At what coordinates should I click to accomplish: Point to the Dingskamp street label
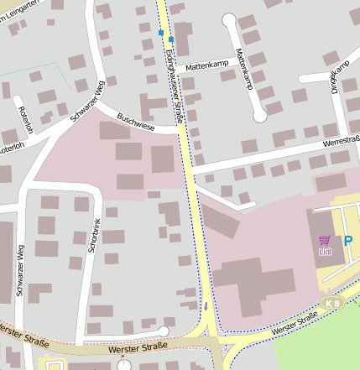coord(338,76)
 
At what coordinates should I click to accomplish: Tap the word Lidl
coord(326,251)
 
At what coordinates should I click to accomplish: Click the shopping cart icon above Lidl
coord(326,240)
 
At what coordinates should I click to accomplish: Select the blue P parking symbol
coord(348,240)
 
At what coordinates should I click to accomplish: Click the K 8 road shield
coord(333,301)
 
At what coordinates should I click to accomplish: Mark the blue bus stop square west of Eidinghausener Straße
coord(160,33)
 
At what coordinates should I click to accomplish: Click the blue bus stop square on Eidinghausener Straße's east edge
coord(171,39)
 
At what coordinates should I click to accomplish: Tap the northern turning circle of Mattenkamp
coord(229,19)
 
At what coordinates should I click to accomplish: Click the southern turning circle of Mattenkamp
coord(259,115)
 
